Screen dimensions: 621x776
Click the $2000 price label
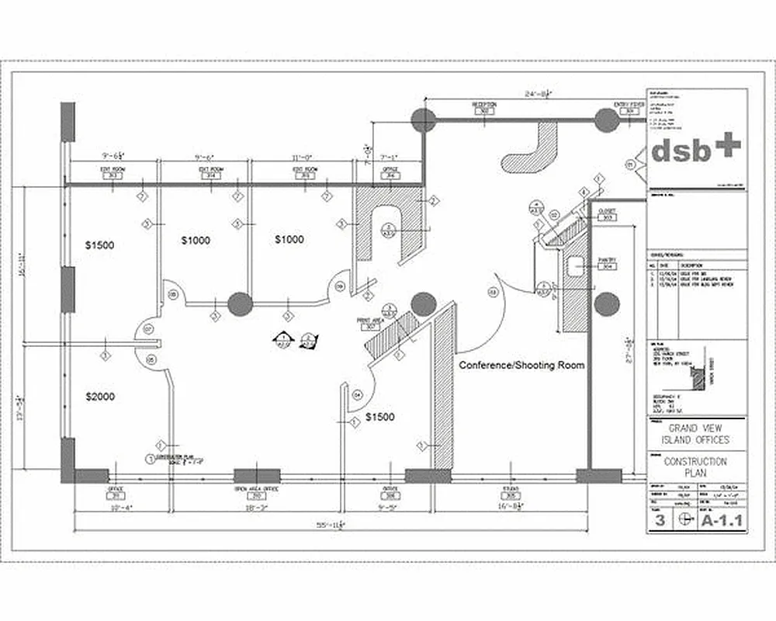99,397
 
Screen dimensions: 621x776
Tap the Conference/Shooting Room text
521,365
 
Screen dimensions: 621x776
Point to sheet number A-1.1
722,520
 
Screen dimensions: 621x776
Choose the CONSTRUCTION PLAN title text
695,467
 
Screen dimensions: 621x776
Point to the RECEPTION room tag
484,107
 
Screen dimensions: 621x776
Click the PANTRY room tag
607,263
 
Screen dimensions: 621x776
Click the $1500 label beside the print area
380,417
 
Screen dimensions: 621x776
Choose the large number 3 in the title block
659,520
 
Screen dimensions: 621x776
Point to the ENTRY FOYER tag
629,107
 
